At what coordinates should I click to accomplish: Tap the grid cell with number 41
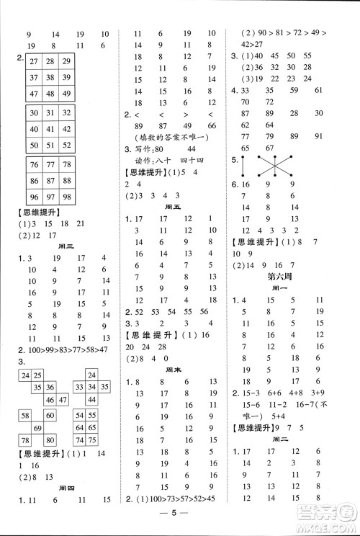(50, 129)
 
